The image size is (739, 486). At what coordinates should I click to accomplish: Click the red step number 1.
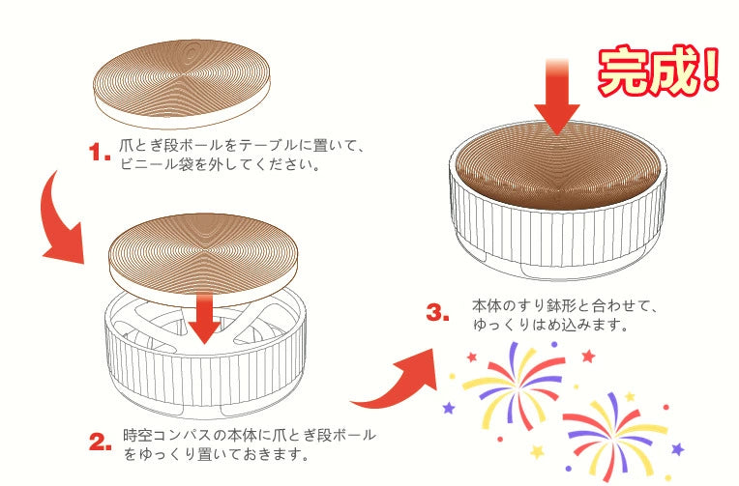point(100,153)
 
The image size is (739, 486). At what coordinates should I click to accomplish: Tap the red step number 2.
point(101,443)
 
